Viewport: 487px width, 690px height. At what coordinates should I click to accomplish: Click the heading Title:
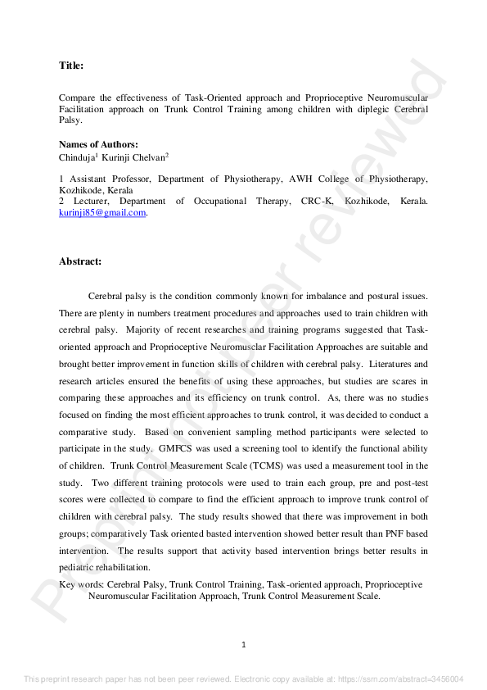[x=71, y=65]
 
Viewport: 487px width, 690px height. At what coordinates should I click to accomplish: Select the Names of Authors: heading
[x=98, y=144]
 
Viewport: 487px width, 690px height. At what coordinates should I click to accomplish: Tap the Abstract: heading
[x=80, y=261]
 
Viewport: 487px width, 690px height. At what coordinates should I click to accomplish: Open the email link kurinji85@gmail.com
[x=102, y=212]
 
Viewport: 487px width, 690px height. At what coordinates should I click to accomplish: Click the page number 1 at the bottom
[x=244, y=645]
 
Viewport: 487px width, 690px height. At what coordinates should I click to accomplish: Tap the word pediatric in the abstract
[x=79, y=566]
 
